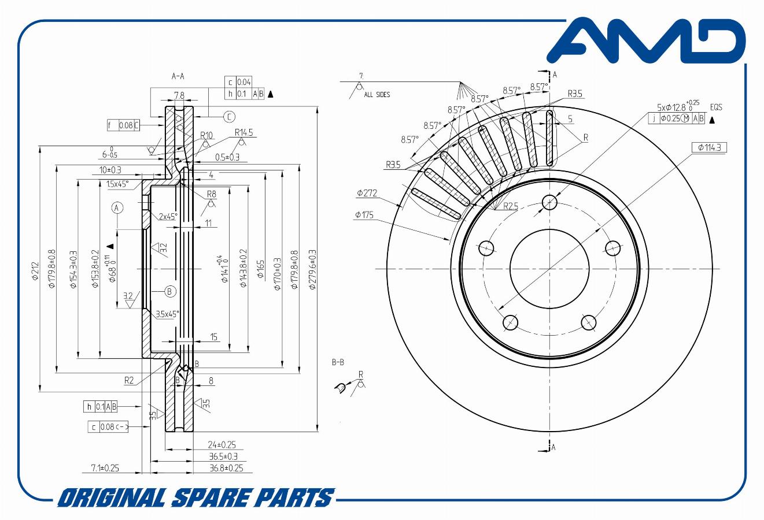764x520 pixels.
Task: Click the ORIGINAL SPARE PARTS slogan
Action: click(x=196, y=497)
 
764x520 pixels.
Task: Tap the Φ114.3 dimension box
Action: click(x=709, y=147)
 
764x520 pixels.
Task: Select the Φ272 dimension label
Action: click(x=367, y=193)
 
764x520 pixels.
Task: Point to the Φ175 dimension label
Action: click(x=365, y=215)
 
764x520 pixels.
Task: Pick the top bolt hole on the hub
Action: click(x=549, y=202)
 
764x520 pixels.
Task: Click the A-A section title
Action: click(x=178, y=76)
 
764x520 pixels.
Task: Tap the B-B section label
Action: click(x=338, y=362)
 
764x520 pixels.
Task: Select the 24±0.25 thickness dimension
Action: click(x=222, y=445)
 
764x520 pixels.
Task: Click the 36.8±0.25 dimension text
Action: click(x=226, y=467)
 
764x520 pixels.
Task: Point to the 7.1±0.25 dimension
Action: click(x=105, y=467)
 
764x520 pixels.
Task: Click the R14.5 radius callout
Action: click(x=243, y=133)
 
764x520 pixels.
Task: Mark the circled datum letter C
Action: click(x=229, y=117)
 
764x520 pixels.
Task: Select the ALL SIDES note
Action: click(x=377, y=95)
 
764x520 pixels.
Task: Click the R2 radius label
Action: click(x=129, y=380)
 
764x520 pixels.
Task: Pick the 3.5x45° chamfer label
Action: click(x=167, y=314)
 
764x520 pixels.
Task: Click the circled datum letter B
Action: click(x=170, y=291)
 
